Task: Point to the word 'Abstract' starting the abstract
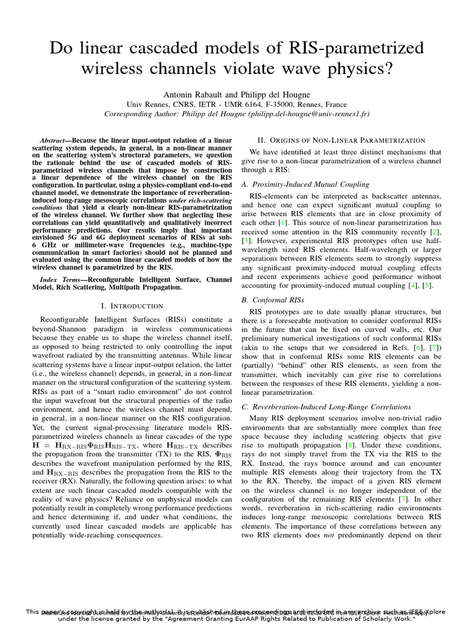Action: pos(52,141)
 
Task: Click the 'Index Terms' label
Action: pos(56,280)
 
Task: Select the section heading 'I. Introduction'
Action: pos(131,306)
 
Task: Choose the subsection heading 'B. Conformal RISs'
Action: pos(272,299)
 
